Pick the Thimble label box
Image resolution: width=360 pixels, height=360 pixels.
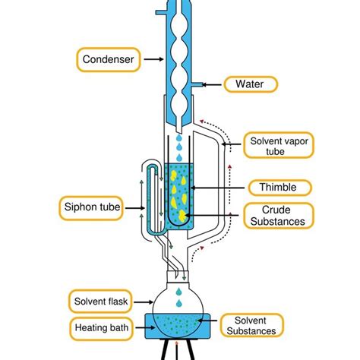tap(273, 188)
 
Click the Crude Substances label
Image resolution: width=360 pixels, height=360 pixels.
tap(277, 215)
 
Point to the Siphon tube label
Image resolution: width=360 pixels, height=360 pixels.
tap(90, 206)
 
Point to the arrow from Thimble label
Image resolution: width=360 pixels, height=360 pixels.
tap(216, 188)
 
